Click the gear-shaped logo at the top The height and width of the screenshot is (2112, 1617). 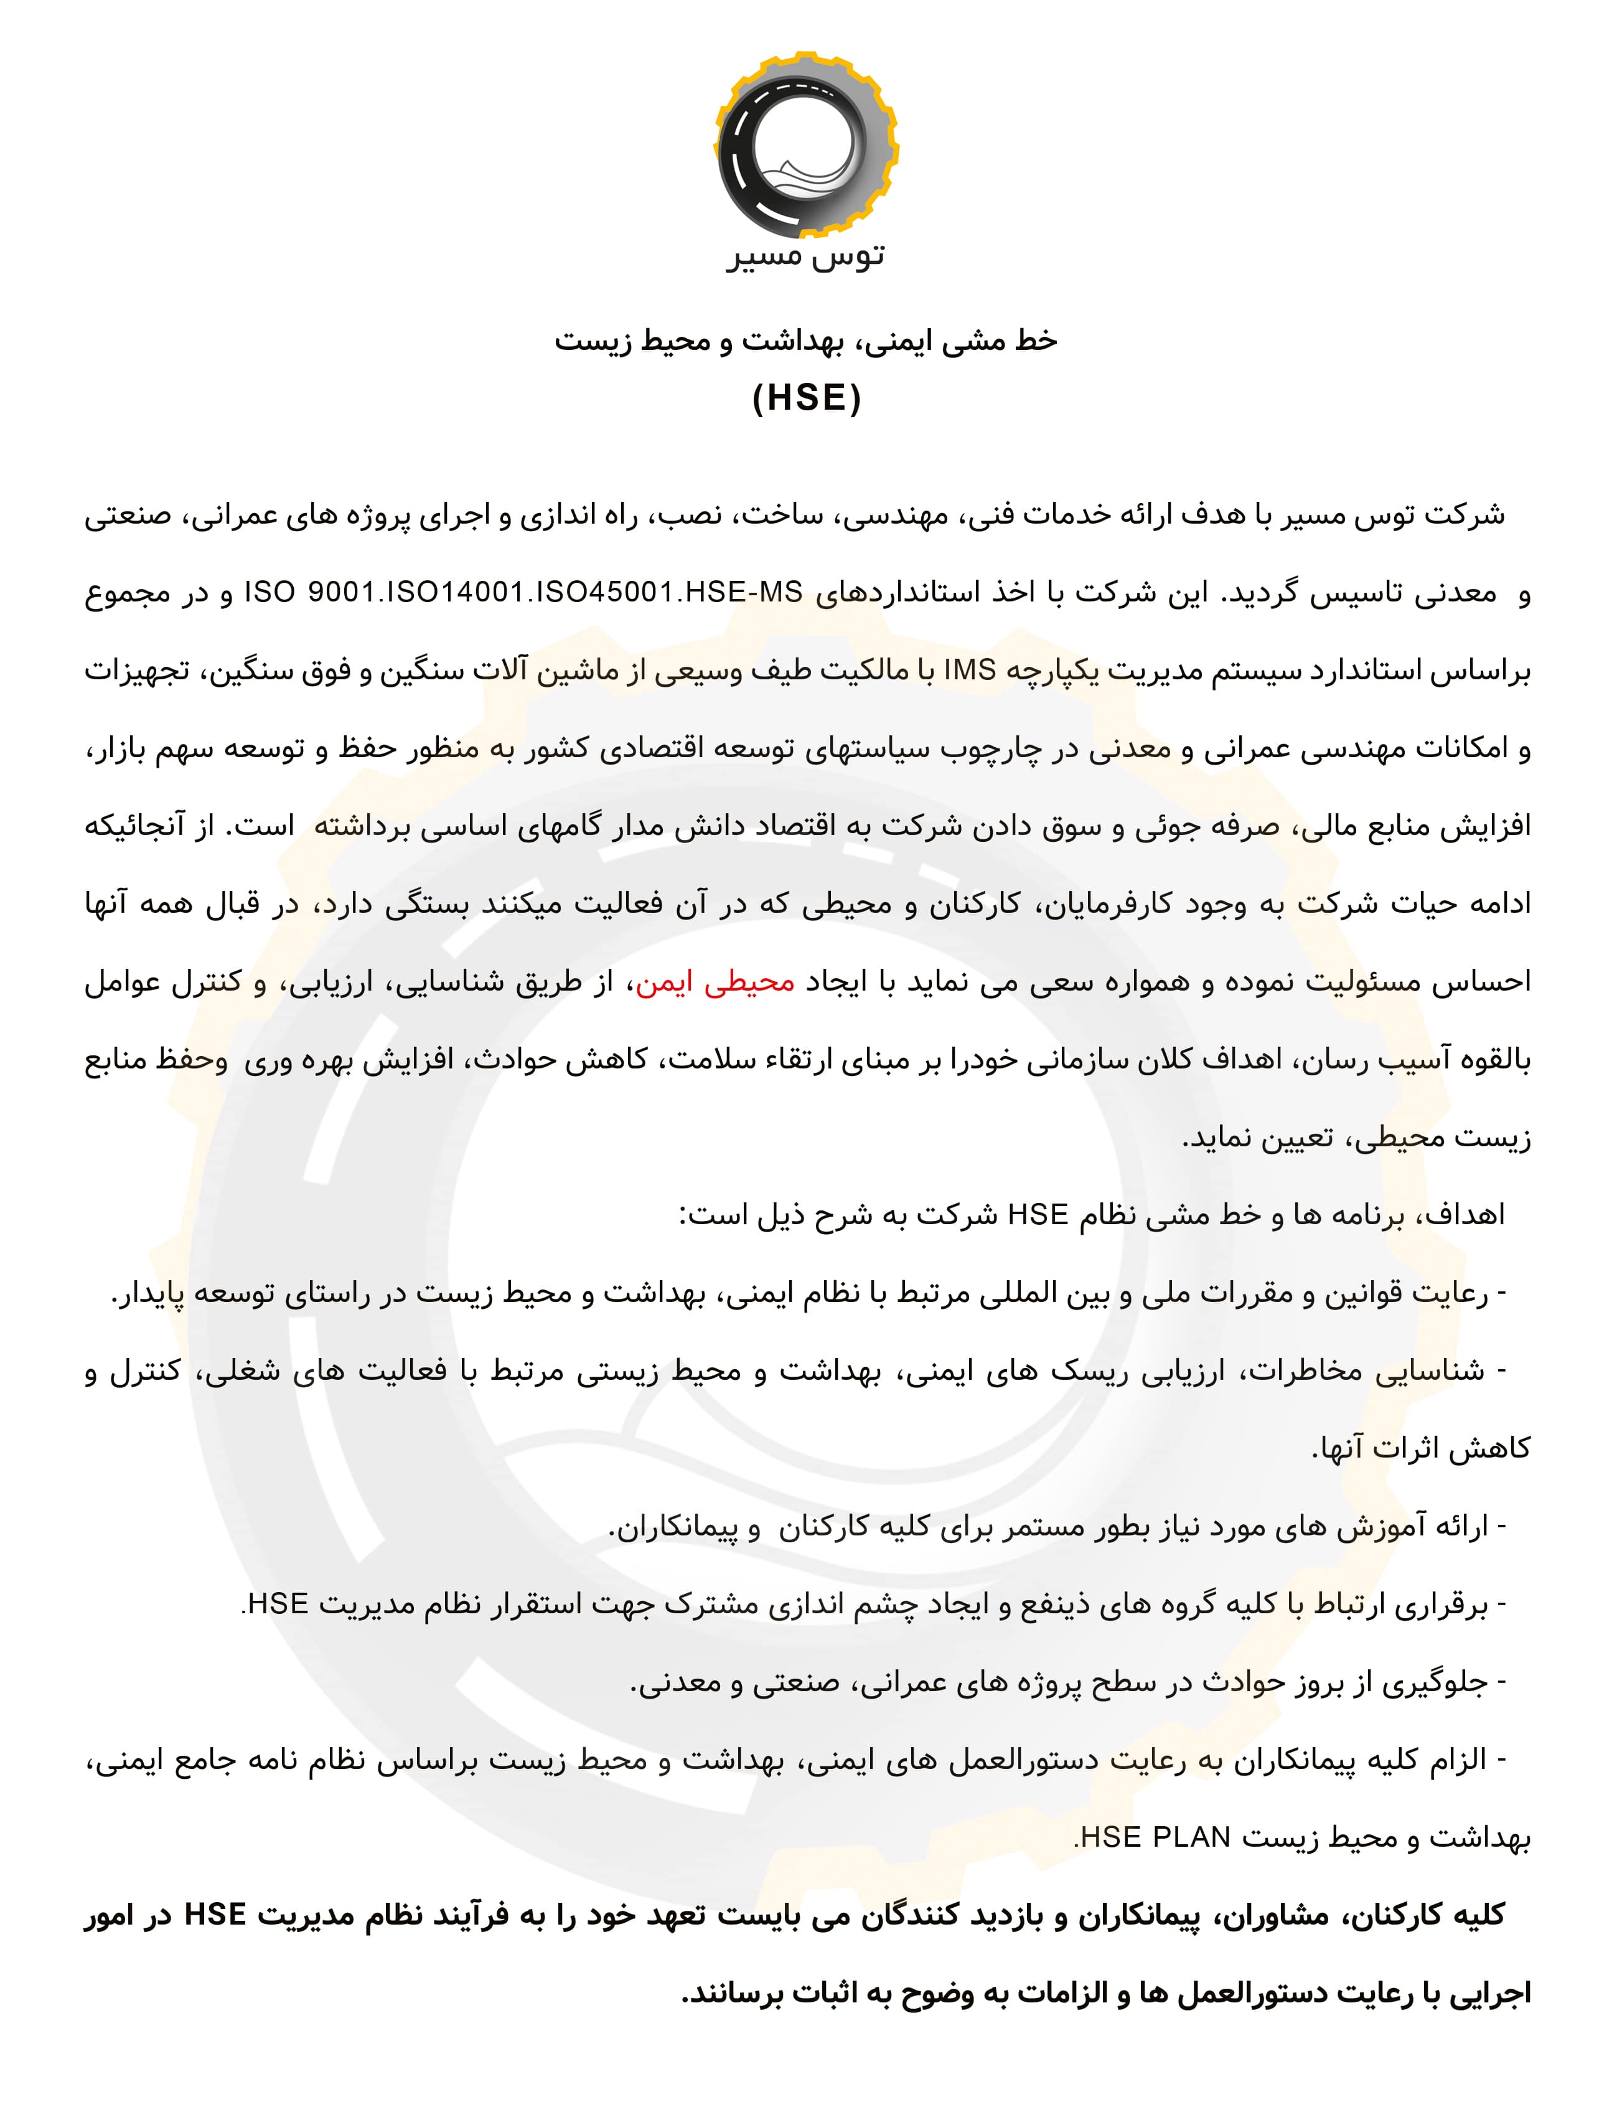tap(807, 145)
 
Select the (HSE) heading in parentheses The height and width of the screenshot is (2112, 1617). tap(807, 397)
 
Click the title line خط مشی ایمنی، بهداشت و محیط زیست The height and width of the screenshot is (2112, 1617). tap(807, 341)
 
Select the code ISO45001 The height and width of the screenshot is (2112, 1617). tap(604, 593)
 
